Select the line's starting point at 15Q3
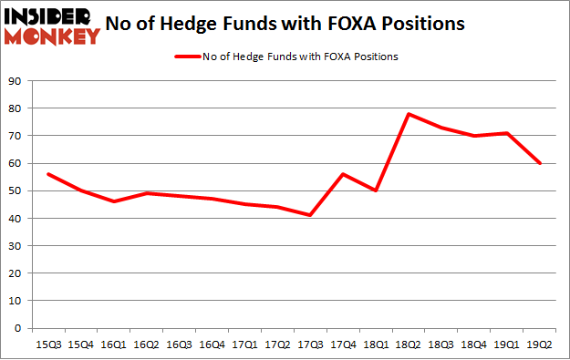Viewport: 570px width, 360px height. (47, 174)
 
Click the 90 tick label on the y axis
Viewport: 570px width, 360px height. (15, 81)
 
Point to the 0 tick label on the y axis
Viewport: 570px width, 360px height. (17, 328)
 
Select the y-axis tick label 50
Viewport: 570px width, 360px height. (15, 190)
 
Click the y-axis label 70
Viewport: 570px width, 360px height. (15, 136)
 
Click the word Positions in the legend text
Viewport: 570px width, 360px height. (374, 57)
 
